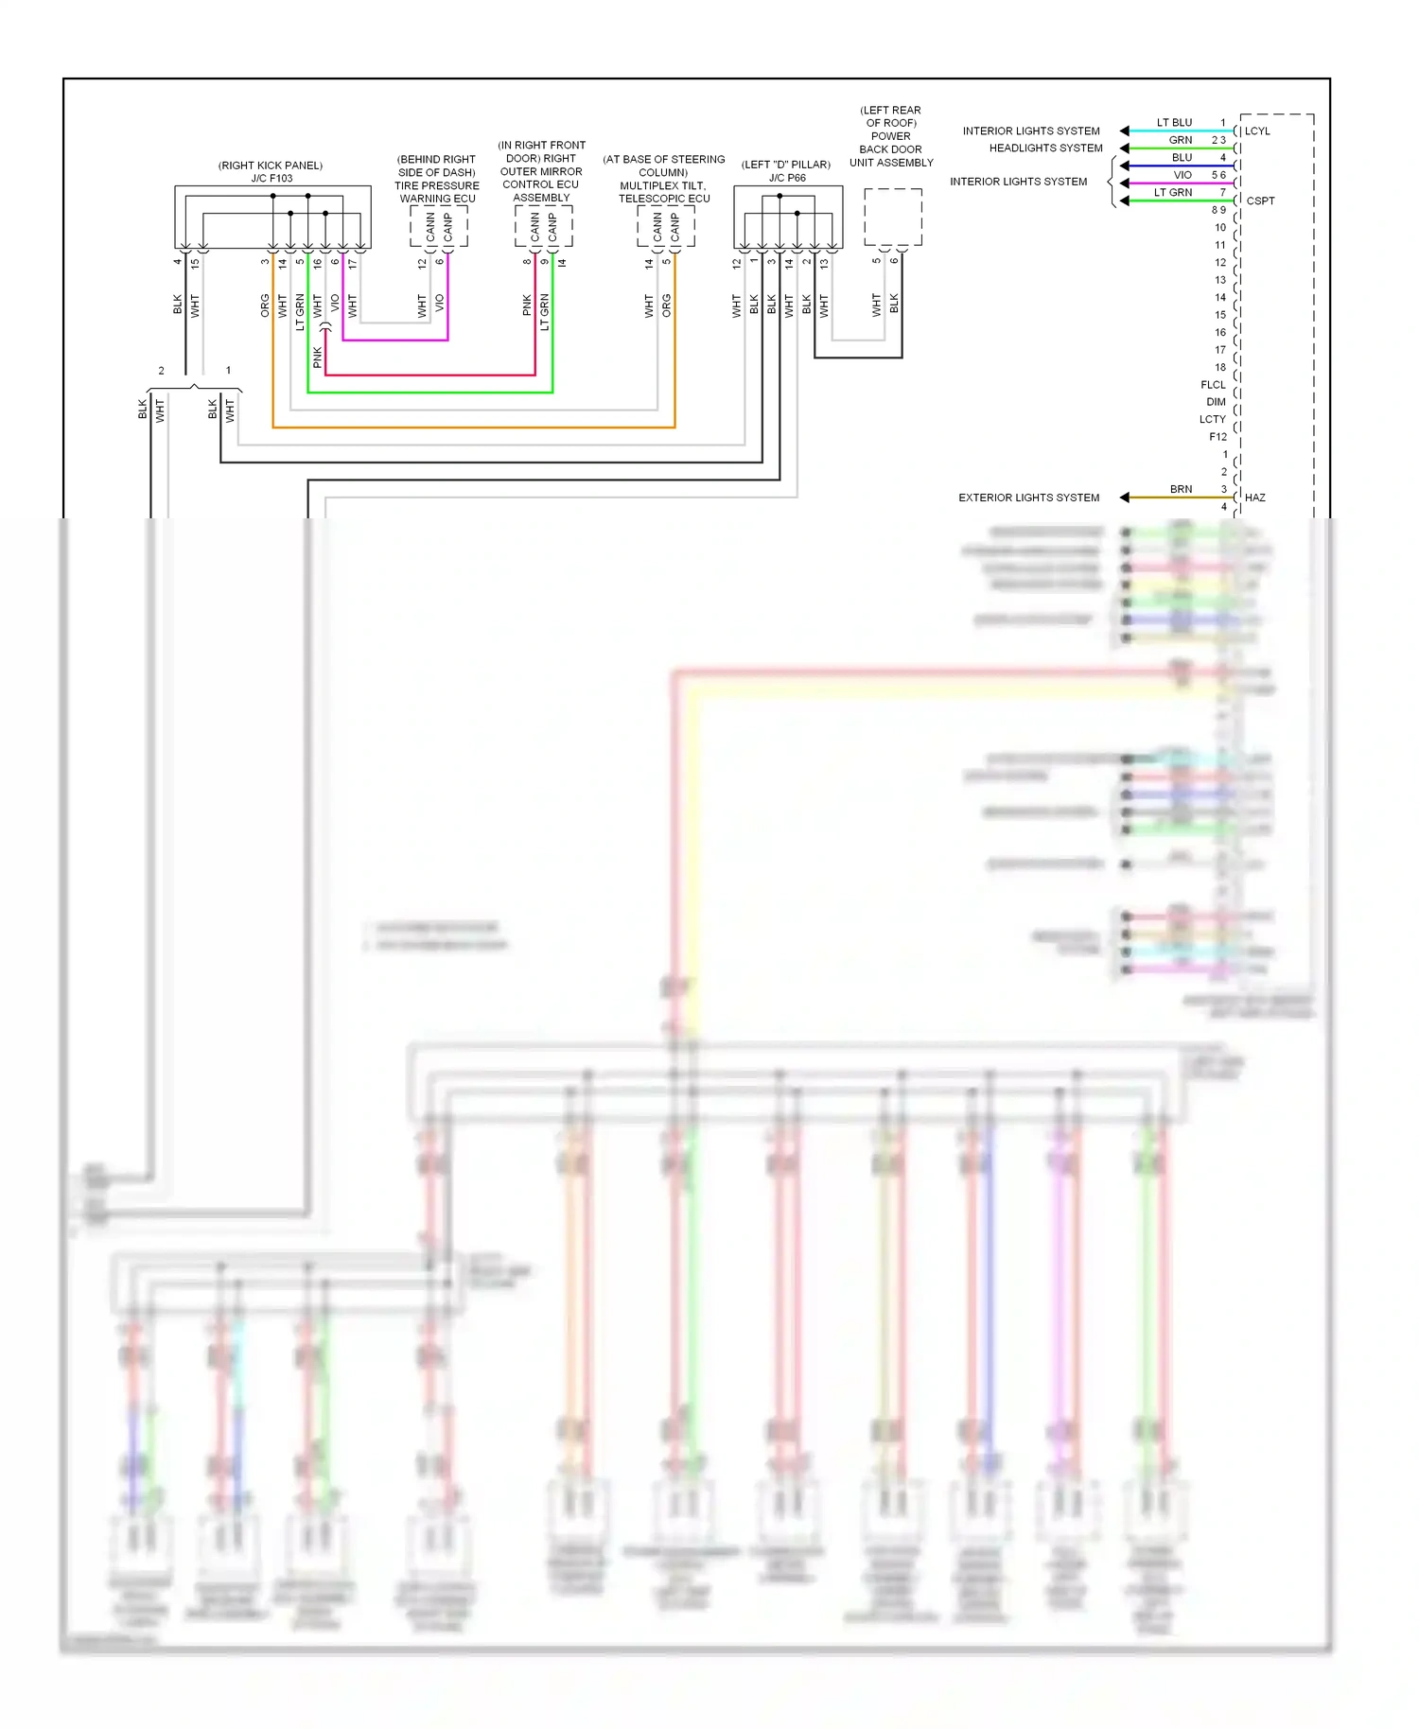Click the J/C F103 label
coord(272,178)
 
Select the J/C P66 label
coord(787,178)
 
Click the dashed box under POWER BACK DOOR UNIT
coord(892,218)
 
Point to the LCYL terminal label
coord(1257,131)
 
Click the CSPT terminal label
coord(1260,201)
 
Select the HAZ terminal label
coord(1254,498)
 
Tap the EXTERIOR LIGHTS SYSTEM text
coord(1028,498)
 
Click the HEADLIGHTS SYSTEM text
coord(1045,148)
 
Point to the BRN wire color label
coord(1181,489)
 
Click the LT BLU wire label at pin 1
coord(1174,123)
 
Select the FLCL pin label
coord(1213,385)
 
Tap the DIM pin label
coord(1216,402)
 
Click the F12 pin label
coord(1218,437)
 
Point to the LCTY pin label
coord(1212,420)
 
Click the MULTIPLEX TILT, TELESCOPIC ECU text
coord(663,192)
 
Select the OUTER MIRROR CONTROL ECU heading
coord(540,178)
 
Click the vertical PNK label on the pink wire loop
coord(318,357)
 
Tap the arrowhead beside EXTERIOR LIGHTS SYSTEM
coord(1124,498)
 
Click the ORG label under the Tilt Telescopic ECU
coord(666,305)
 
